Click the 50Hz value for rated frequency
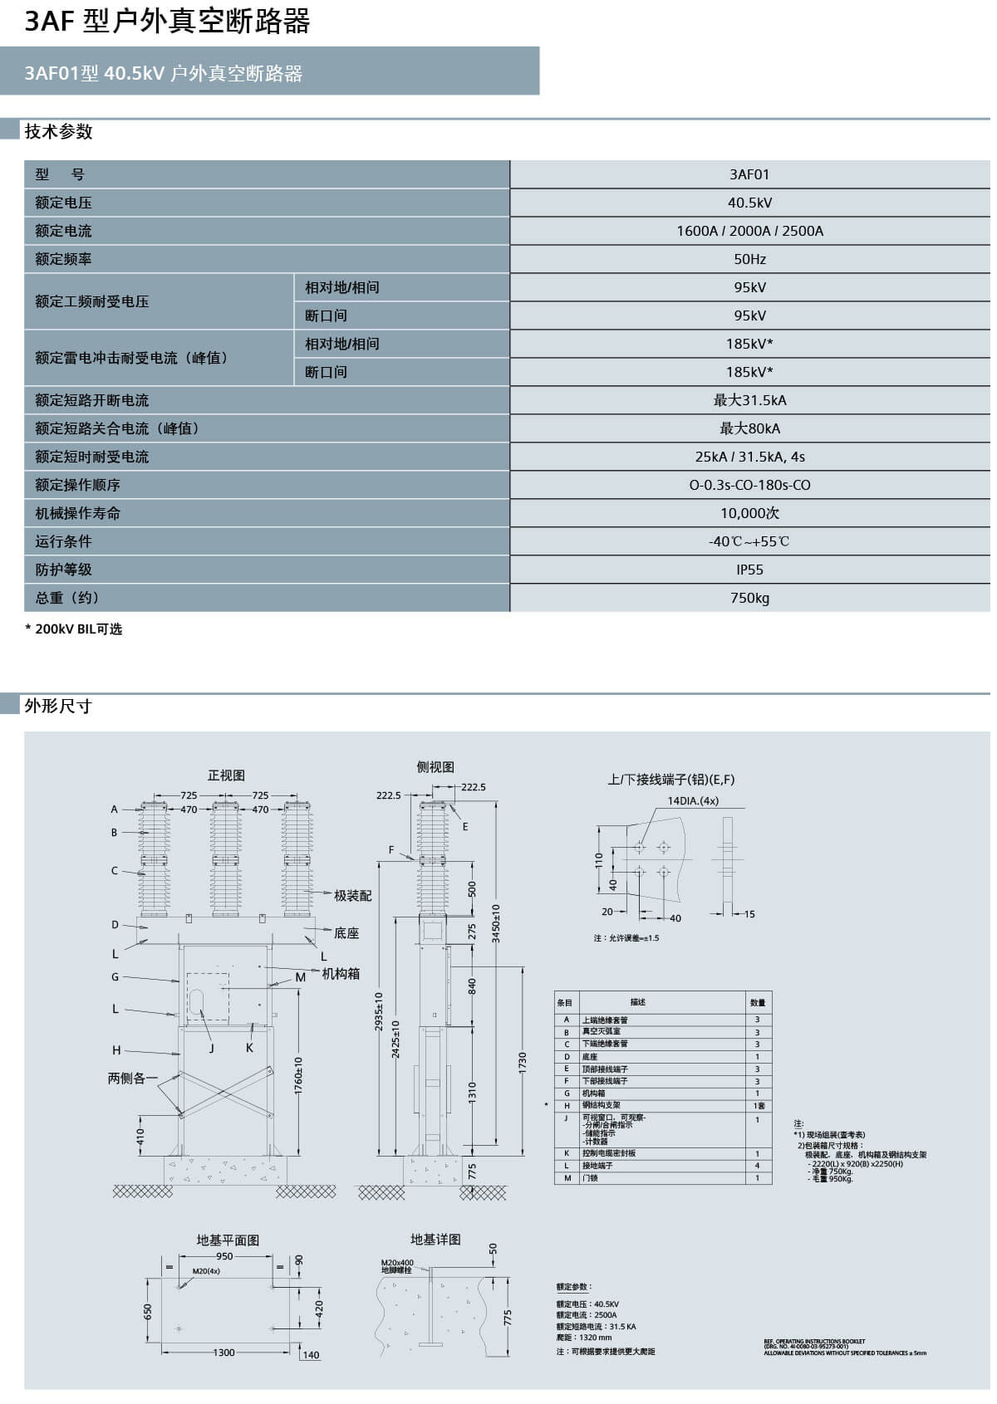749,259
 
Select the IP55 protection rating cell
749,570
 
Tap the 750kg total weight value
749,598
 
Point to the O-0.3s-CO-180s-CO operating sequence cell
749,485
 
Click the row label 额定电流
63,231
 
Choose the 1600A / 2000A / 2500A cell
749,231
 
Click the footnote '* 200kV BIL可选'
74,629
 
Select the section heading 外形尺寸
57,707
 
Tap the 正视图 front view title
226,775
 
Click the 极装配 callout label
352,895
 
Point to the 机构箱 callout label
341,973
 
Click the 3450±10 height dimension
496,923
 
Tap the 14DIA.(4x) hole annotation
693,801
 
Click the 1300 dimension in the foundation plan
223,1353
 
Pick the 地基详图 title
435,1240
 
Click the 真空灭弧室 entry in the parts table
601,1032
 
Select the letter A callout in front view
115,809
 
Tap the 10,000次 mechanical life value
749,513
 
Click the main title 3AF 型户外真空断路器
167,22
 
